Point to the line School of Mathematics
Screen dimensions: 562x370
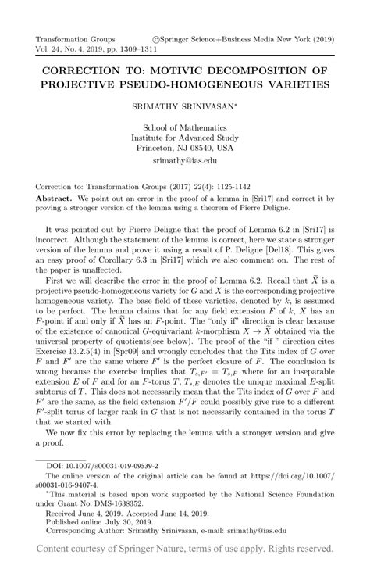coord(184,127)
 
